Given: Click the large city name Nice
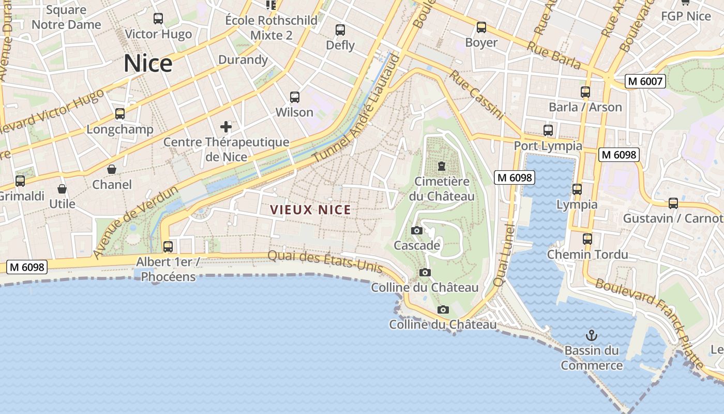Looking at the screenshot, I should pyautogui.click(x=148, y=64).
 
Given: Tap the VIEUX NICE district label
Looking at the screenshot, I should pyautogui.click(x=310, y=210).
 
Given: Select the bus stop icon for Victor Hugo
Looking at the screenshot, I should pyautogui.click(x=158, y=19).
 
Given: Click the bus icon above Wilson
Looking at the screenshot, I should pyautogui.click(x=295, y=97).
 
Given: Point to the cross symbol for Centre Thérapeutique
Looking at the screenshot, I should pyautogui.click(x=226, y=126).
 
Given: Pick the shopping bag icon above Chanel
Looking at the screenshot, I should pyautogui.click(x=112, y=169).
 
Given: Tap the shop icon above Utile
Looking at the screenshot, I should pyautogui.click(x=62, y=189).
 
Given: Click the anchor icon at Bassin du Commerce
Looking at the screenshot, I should pyautogui.click(x=592, y=335).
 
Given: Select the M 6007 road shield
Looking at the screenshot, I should pyautogui.click(x=644, y=81).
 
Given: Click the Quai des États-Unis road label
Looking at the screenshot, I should pyautogui.click(x=326, y=261).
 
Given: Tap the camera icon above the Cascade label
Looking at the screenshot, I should pyautogui.click(x=416, y=230).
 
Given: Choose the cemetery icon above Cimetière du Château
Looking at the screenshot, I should pyautogui.click(x=442, y=166).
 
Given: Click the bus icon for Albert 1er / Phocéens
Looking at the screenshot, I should pyautogui.click(x=168, y=247).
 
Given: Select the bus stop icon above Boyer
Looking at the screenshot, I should pyautogui.click(x=481, y=27).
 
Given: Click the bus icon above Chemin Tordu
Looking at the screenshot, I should pyautogui.click(x=587, y=239).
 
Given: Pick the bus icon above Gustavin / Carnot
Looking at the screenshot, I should pyautogui.click(x=673, y=203).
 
